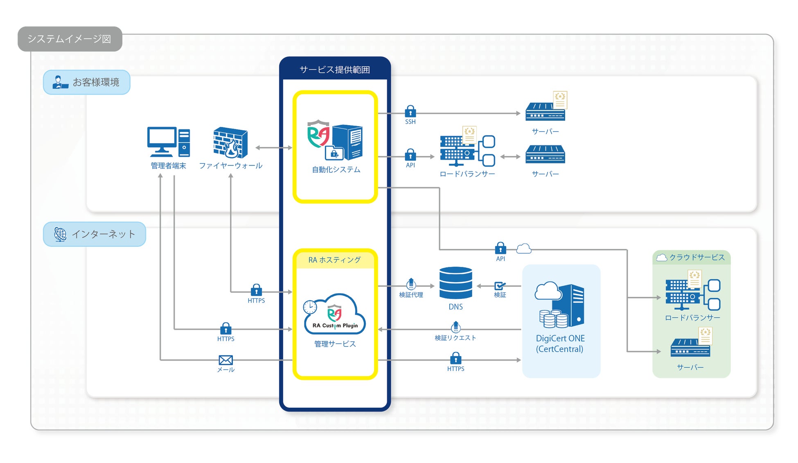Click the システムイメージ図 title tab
[x=70, y=39]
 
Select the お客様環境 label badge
[x=87, y=82]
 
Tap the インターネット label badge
[x=95, y=234]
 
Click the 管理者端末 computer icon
[x=168, y=142]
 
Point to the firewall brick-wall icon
[x=230, y=142]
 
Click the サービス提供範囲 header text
[x=335, y=70]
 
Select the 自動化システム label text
[x=336, y=169]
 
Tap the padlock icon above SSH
[x=410, y=111]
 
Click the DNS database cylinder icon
[x=455, y=283]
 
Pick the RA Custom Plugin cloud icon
[x=335, y=315]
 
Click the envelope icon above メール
[x=225, y=360]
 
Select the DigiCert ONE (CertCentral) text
[x=560, y=344]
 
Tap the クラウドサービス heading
[x=692, y=257]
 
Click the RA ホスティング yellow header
[x=335, y=260]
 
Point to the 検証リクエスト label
[x=455, y=338]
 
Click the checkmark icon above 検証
[x=500, y=286]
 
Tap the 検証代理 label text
[x=411, y=295]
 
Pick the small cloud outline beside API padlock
[x=524, y=248]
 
